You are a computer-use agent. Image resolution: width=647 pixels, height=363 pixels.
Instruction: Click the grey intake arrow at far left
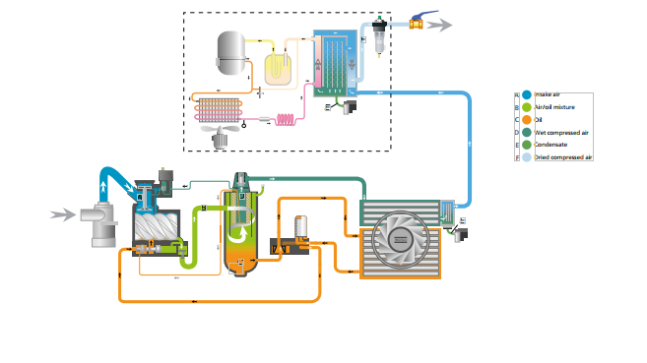tap(62, 213)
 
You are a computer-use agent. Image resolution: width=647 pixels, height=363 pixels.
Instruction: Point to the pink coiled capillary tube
tap(289, 120)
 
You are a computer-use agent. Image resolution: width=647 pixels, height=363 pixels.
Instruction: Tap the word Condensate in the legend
tap(552, 144)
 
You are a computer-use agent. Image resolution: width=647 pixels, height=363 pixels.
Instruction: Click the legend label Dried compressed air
tap(564, 156)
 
